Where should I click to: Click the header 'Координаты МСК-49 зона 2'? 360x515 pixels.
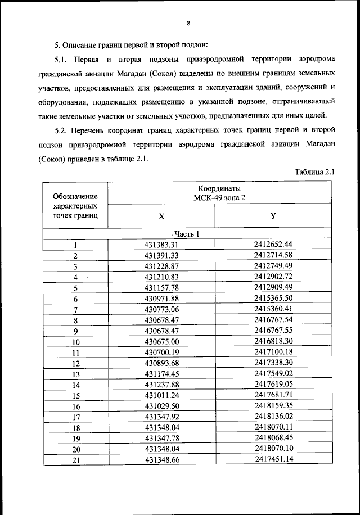(x=219, y=193)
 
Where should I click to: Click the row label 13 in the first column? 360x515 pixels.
(x=76, y=374)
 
